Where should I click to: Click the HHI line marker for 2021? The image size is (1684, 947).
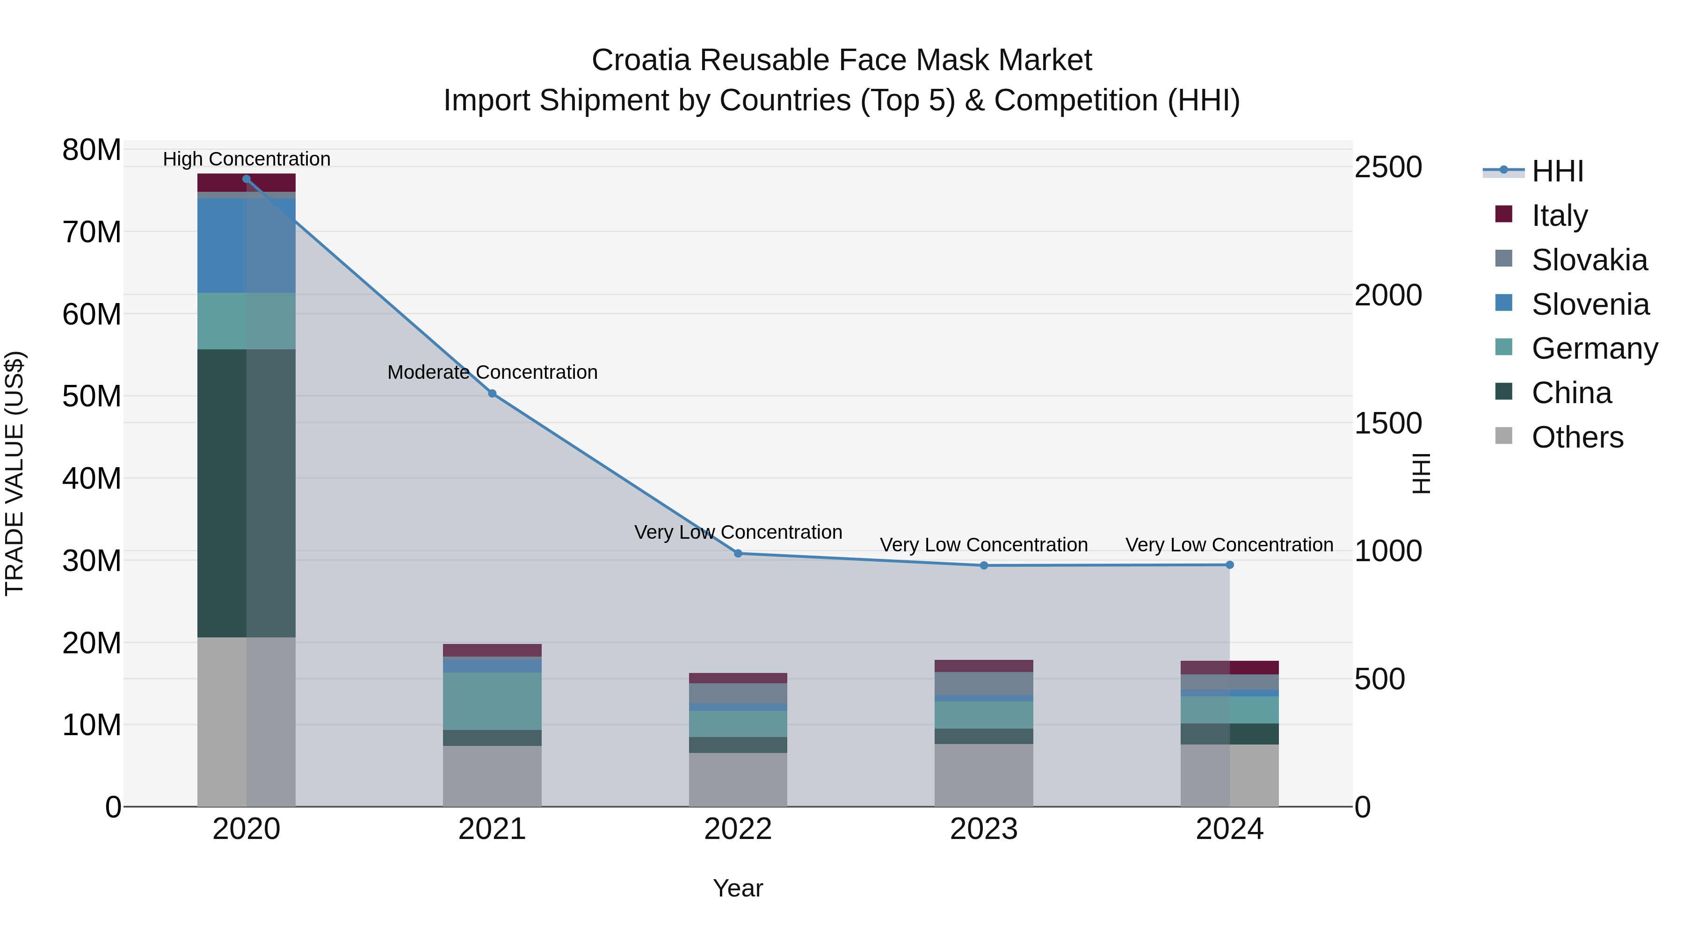point(492,393)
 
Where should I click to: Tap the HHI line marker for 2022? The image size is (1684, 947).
point(738,554)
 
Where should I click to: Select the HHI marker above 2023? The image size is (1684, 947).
point(984,565)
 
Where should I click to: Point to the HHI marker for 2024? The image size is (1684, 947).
point(1230,564)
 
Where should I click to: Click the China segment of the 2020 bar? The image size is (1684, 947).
point(247,493)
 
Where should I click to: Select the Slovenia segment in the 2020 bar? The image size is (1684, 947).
point(247,246)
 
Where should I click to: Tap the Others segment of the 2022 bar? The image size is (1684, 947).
point(738,779)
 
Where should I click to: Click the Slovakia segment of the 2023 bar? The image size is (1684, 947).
point(984,684)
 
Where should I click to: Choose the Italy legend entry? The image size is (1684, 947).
point(1559,216)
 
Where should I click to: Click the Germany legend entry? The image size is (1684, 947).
point(1594,348)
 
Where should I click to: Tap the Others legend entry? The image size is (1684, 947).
point(1577,437)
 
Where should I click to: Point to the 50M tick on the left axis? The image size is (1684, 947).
point(92,396)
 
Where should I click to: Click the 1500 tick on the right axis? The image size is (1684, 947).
point(1387,424)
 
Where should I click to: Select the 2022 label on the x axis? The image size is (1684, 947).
point(738,829)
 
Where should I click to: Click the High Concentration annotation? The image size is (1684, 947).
point(247,159)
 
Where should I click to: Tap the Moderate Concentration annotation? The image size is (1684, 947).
point(492,372)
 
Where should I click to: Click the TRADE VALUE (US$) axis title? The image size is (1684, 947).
point(15,473)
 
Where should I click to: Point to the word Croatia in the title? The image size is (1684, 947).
point(641,60)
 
